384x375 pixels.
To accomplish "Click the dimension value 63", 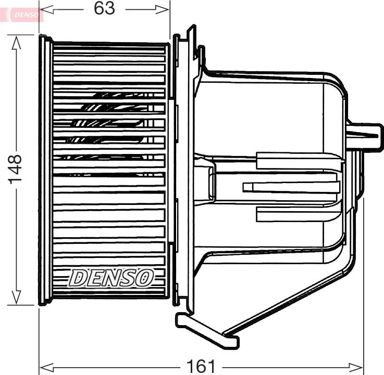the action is (105, 8).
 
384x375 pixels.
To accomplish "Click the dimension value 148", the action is (15, 169).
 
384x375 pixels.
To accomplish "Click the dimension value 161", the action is (201, 367).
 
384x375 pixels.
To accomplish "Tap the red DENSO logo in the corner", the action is (26, 15).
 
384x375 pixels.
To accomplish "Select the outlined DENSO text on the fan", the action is (111, 278).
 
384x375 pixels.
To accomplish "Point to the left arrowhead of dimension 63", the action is (46, 9).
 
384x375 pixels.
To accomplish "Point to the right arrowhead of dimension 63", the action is (162, 9).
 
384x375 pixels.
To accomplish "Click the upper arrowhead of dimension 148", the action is (16, 44).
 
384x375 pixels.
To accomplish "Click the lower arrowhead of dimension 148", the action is (16, 298).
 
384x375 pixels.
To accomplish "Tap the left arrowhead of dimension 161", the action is (46, 367).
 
